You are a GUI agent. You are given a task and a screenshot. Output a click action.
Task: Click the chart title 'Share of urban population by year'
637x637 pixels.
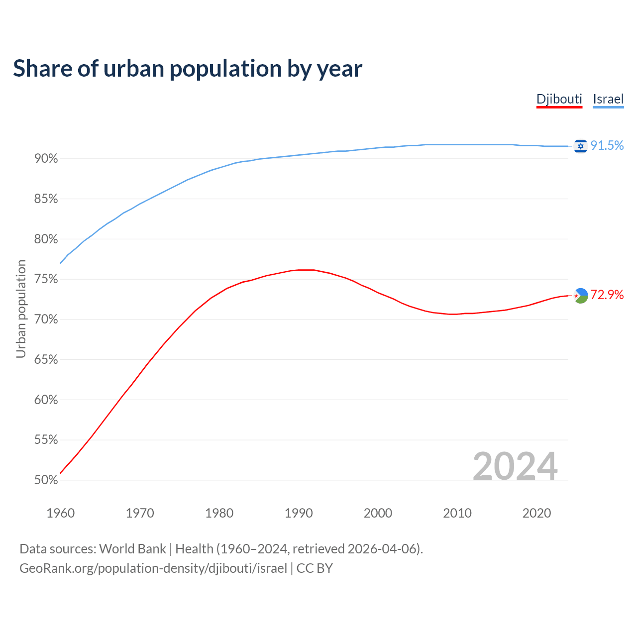(188, 69)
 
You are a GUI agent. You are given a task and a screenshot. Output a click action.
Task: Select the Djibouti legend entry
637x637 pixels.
(559, 99)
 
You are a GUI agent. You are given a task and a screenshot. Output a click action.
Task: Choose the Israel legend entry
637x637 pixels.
(608, 99)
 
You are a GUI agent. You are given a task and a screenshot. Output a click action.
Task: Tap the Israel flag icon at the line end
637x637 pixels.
(580, 146)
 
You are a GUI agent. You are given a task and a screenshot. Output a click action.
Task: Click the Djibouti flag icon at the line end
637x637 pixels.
(581, 296)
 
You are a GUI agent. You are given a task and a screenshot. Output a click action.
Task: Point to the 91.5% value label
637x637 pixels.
(607, 145)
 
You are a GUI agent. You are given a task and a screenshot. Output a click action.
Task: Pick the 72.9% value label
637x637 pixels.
(607, 295)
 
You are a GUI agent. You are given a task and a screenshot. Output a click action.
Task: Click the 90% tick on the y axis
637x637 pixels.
(46, 159)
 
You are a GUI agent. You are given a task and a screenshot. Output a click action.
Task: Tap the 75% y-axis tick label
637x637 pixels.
(46, 279)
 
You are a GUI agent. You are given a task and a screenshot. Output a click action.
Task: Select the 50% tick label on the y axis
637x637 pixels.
(46, 480)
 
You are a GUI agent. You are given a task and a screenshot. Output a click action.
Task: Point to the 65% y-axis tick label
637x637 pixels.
(46, 360)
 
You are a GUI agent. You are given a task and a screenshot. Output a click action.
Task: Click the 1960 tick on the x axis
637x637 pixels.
(60, 513)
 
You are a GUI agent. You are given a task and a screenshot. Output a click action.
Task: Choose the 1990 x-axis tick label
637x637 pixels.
(299, 513)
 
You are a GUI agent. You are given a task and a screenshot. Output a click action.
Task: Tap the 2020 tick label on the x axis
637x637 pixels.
(536, 513)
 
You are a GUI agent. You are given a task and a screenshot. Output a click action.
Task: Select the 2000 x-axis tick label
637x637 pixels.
(378, 513)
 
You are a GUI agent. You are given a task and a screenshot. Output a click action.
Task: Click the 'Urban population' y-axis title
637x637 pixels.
(21, 309)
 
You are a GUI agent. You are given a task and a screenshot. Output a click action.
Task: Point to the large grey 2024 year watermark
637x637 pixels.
(515, 466)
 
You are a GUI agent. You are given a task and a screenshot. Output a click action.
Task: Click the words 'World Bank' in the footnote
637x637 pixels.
(132, 549)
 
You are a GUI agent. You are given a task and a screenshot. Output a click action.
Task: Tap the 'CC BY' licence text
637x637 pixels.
(315, 568)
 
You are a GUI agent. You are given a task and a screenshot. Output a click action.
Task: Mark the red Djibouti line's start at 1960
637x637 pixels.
(60, 473)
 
